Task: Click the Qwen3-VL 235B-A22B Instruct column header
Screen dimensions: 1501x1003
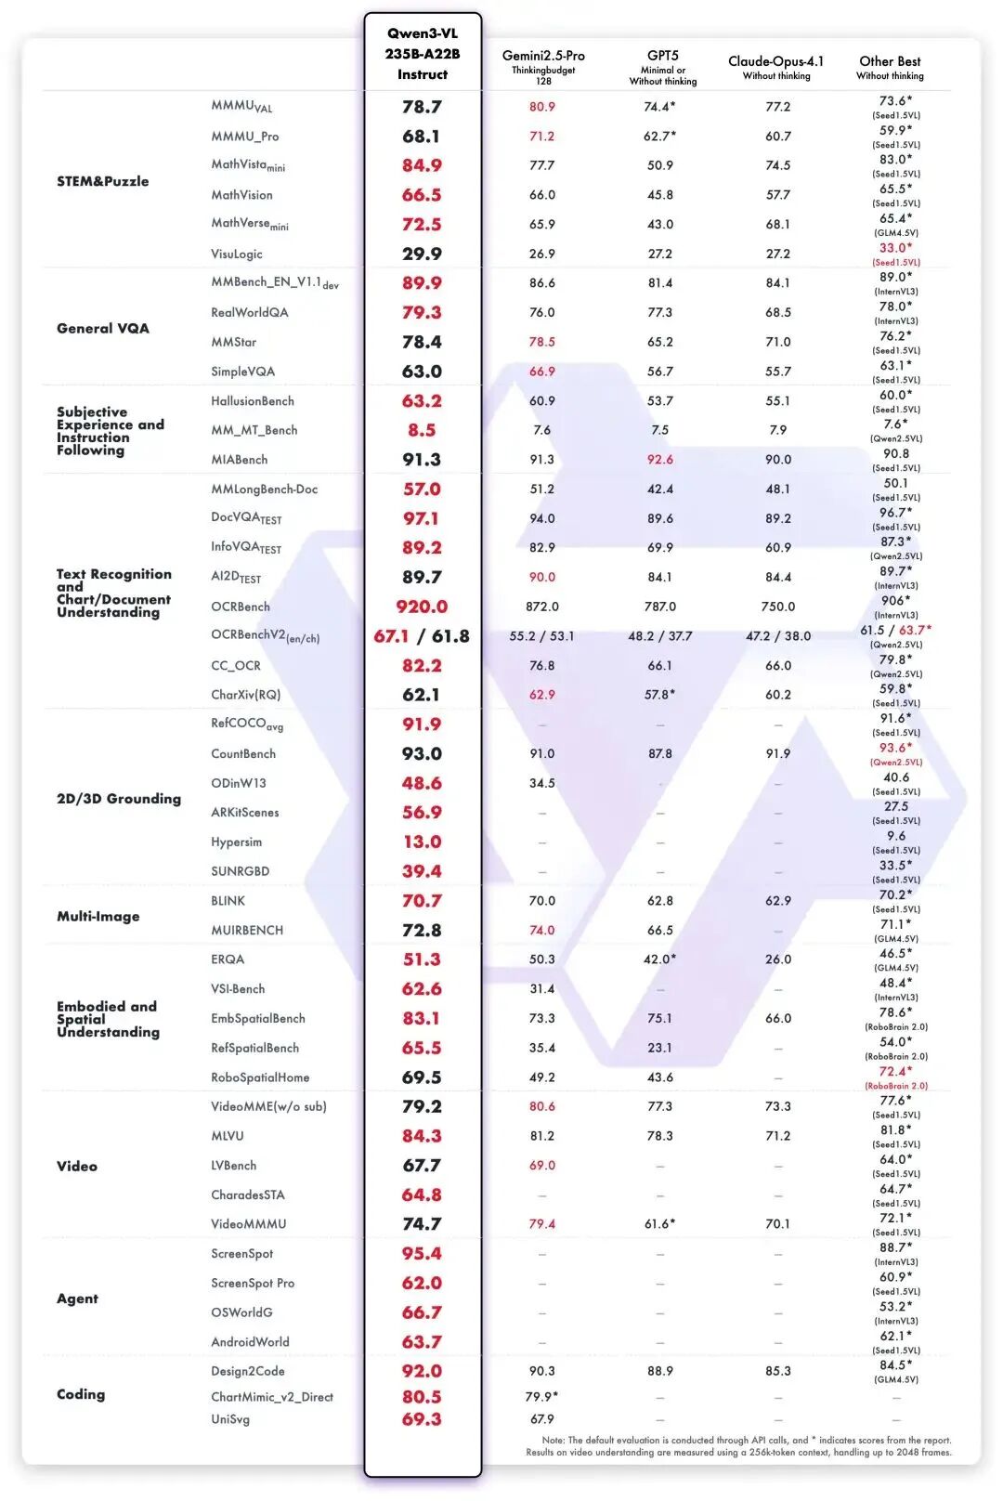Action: tap(423, 54)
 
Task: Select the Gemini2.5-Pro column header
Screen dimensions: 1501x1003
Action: tap(543, 57)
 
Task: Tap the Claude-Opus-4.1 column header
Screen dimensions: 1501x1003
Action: tap(775, 61)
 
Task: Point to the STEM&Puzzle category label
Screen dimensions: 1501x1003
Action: tap(102, 181)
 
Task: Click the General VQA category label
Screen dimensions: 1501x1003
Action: tap(102, 328)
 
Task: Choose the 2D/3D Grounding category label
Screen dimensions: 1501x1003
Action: tap(119, 799)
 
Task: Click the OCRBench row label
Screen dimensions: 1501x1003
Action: tap(241, 607)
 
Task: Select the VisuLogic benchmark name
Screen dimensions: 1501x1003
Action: tap(237, 254)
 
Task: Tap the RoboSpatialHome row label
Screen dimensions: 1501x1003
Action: tap(260, 1077)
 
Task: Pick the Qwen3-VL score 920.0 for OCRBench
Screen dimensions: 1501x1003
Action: tap(422, 607)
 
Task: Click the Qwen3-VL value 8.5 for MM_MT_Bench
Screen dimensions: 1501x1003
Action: tap(422, 430)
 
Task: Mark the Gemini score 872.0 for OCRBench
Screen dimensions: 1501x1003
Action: tap(542, 607)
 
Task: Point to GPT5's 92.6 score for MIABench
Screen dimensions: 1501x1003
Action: tap(660, 460)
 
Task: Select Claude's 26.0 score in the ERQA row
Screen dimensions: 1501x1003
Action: tap(778, 959)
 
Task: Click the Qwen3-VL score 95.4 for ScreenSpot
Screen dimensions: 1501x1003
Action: tap(422, 1254)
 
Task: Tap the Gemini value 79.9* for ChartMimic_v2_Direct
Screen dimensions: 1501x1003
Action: tap(542, 1397)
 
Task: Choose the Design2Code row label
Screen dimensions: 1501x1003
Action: tap(248, 1371)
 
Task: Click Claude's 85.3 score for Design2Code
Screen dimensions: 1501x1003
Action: tap(778, 1371)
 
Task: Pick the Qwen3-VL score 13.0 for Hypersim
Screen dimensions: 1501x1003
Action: tap(422, 842)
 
